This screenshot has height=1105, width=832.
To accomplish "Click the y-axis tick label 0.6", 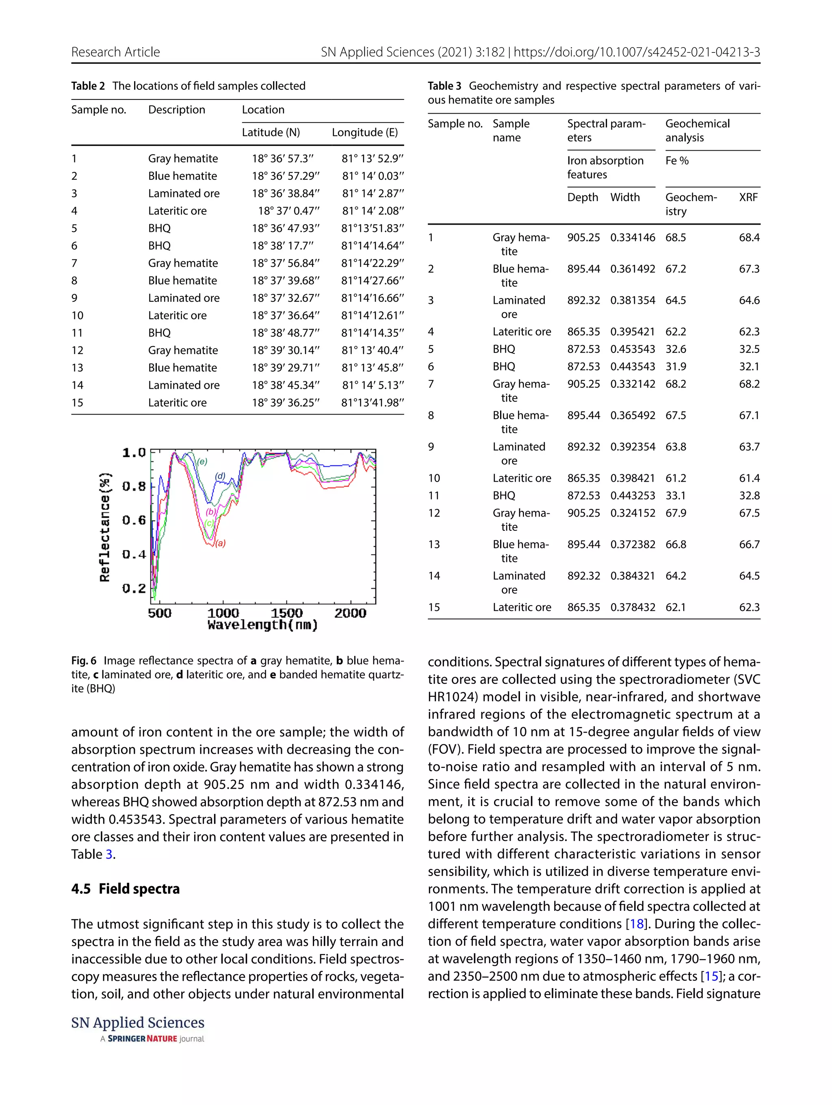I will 134,520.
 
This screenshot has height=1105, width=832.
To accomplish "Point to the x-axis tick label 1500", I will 286,613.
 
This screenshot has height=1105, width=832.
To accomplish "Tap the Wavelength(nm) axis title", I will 263,625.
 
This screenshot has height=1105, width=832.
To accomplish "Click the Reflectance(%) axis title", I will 104,527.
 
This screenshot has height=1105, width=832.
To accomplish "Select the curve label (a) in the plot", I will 220,543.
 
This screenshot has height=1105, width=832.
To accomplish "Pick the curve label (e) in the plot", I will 202,462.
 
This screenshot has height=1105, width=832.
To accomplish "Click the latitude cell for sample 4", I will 288,211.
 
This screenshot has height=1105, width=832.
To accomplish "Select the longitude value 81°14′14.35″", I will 372,333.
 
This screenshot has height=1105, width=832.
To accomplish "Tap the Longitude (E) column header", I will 365,132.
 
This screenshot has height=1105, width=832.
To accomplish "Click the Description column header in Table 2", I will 176,110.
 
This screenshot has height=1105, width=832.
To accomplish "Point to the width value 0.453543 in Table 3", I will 632,349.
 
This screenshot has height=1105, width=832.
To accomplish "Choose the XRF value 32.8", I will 749,495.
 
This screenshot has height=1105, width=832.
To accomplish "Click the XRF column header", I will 748,197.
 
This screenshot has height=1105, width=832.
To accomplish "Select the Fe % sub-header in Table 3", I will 676,161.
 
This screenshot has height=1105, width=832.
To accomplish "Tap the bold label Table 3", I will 444,86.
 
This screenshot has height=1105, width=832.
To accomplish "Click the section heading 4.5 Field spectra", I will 126,889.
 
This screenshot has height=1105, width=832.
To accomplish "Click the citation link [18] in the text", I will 636,923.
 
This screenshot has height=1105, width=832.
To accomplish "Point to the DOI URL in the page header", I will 637,52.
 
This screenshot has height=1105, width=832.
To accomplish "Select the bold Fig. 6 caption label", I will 83,660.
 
